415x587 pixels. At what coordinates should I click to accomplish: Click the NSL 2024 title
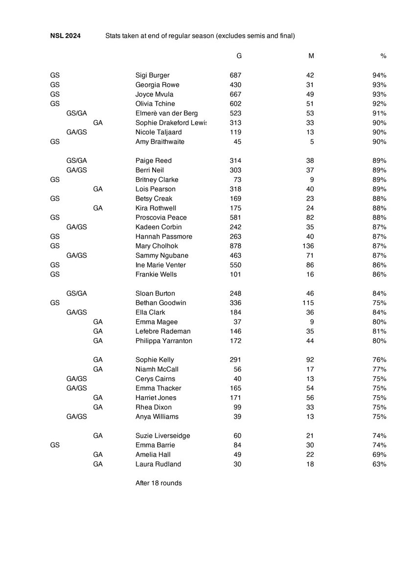coord(66,36)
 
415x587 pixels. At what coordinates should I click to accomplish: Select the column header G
coord(239,56)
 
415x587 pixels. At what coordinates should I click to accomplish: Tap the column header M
coord(311,56)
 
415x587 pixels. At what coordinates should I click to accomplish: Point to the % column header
coord(383,56)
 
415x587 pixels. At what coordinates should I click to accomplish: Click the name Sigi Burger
coord(152,75)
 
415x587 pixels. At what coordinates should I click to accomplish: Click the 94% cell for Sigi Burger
coord(379,75)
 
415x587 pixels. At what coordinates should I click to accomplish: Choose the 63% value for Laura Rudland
coord(379,464)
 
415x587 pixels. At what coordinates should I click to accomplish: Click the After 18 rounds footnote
coord(159,483)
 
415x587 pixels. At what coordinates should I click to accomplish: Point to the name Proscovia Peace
coord(161,218)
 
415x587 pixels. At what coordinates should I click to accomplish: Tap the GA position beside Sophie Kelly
coord(98,360)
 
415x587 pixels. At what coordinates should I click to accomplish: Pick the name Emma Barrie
coord(155,445)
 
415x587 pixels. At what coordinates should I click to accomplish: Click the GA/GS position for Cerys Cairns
coord(77,379)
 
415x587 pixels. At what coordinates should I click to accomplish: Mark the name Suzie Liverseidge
coord(162,436)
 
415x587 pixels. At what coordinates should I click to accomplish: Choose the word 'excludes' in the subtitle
coord(230,36)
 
